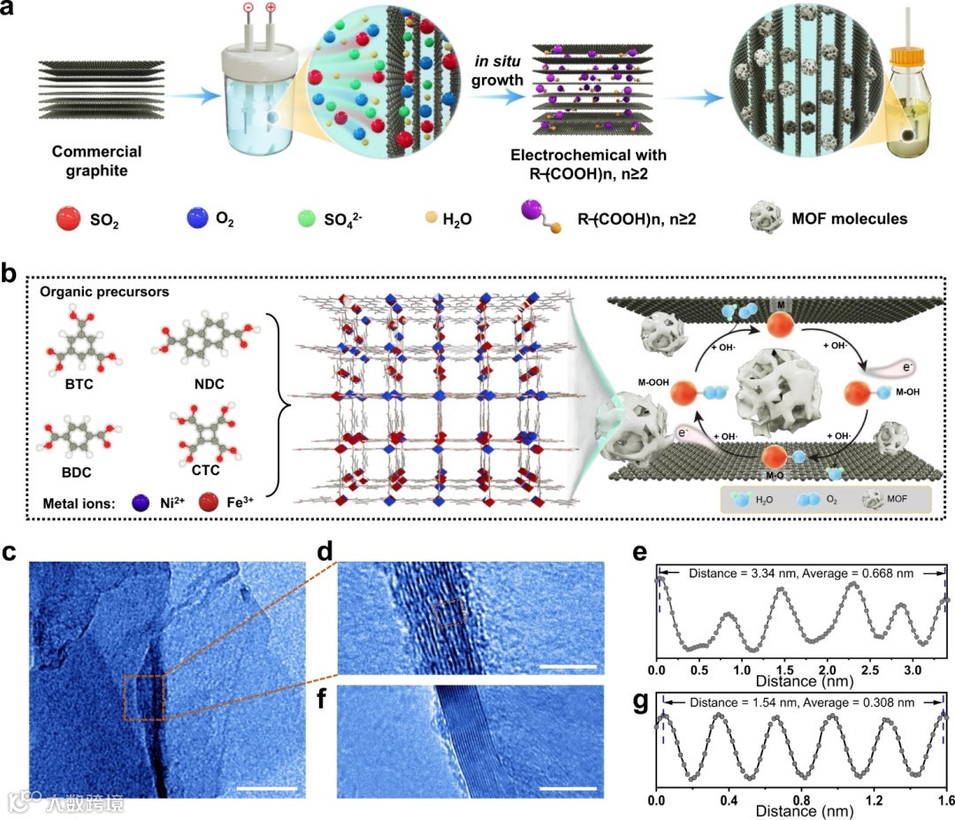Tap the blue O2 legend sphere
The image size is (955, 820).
[x=196, y=217]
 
